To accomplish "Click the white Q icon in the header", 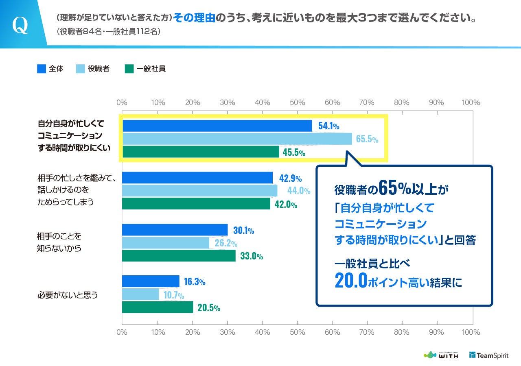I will coord(20,25).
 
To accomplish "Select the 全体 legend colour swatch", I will coord(41,69).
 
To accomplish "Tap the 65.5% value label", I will coord(367,139).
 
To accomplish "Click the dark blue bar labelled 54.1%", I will coord(217,126).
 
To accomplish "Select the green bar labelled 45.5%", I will coord(201,152).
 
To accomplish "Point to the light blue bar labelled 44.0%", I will coord(199,190).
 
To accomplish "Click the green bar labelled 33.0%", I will coord(179,255).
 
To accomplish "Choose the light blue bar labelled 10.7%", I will coord(140,294).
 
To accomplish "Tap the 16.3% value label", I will coord(195,281).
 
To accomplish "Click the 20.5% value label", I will coord(209,307).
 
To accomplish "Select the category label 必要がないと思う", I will coord(68,295).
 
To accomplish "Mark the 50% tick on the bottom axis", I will coord(298,332).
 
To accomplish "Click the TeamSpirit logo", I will coord(489,355).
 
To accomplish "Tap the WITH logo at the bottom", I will coord(441,355).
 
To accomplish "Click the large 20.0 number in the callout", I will coord(351,281).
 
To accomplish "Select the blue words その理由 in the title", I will coord(194,19).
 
